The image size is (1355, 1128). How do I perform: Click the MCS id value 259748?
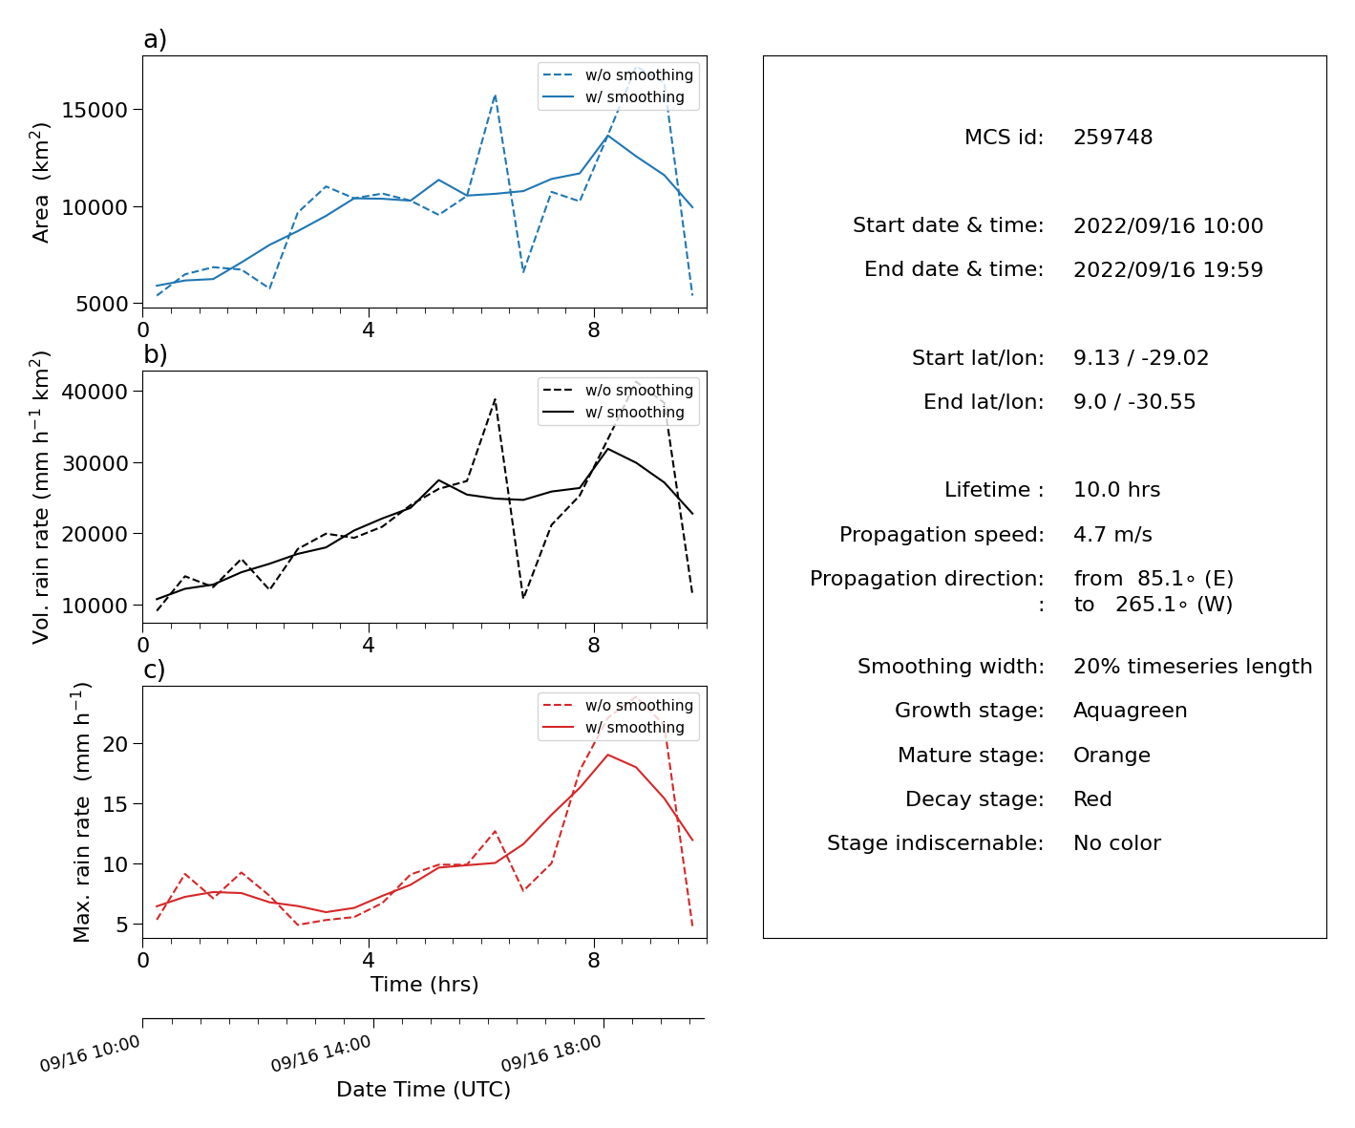[1112, 137]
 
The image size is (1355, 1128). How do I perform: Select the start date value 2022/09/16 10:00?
[1168, 225]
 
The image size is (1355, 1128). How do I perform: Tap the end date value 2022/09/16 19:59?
[1168, 269]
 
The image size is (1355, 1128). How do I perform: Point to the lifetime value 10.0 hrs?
[1116, 489]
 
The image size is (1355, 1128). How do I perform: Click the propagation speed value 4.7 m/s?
[1112, 534]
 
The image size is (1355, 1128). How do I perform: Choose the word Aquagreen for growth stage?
[1130, 710]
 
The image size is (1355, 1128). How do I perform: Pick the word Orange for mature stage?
[1111, 755]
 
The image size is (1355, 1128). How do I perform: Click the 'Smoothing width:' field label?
[950, 666]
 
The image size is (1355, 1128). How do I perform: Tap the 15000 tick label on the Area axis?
[95, 110]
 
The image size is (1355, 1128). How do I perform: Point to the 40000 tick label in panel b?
[95, 392]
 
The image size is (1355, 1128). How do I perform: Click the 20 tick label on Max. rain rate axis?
[115, 744]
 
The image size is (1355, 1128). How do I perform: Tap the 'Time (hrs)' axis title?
[424, 985]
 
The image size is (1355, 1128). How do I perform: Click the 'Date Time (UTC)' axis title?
[423, 1089]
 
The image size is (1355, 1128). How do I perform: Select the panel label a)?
[155, 39]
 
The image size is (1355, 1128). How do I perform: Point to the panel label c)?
[155, 670]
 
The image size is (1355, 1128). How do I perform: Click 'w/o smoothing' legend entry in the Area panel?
[639, 74]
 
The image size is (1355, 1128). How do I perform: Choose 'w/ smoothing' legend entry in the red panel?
[634, 727]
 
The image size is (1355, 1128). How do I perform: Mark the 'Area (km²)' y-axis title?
[40, 182]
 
